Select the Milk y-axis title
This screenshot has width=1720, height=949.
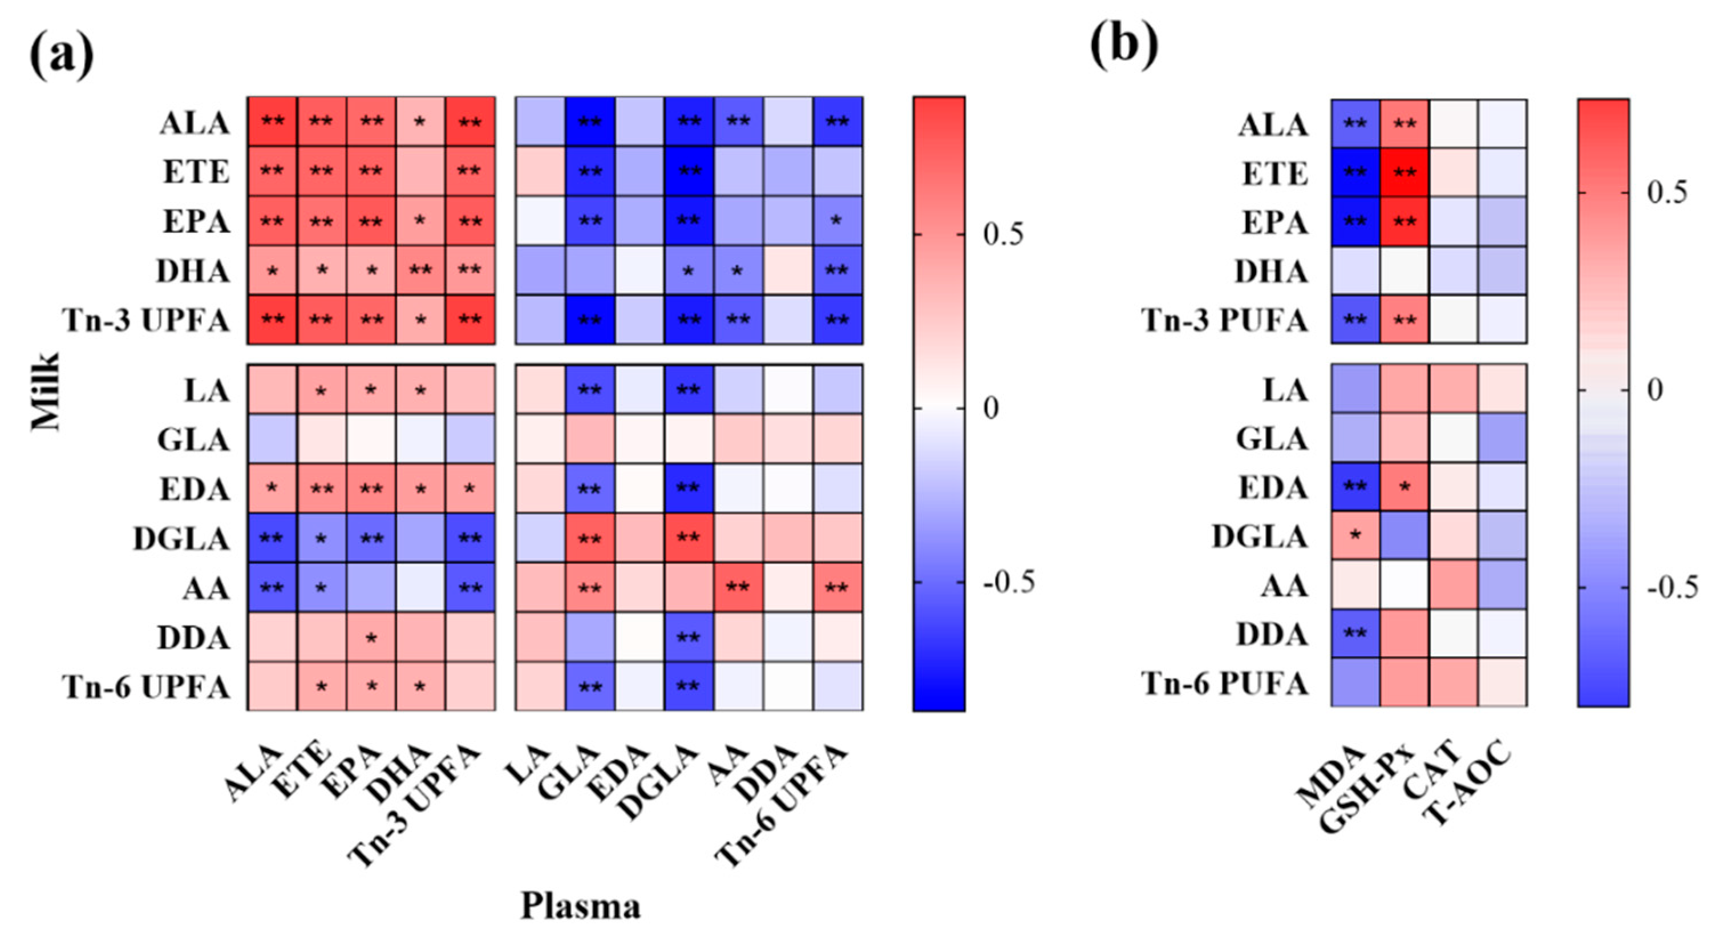[46, 392]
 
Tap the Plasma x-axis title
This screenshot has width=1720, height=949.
[580, 906]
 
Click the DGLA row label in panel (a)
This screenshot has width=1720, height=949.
[181, 539]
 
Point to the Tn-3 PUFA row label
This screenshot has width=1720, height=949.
[1224, 321]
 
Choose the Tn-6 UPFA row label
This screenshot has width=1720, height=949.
[146, 687]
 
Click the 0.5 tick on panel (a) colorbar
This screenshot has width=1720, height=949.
[1003, 235]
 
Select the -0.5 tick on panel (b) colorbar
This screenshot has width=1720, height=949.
[1672, 588]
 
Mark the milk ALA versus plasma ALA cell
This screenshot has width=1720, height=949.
[272, 122]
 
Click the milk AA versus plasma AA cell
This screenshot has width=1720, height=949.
[738, 588]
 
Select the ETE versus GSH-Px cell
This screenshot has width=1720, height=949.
[1404, 173]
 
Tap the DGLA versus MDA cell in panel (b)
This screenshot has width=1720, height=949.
[1355, 536]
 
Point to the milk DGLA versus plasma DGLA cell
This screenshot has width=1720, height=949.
[689, 538]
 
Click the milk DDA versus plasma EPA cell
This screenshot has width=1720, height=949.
[371, 637]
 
